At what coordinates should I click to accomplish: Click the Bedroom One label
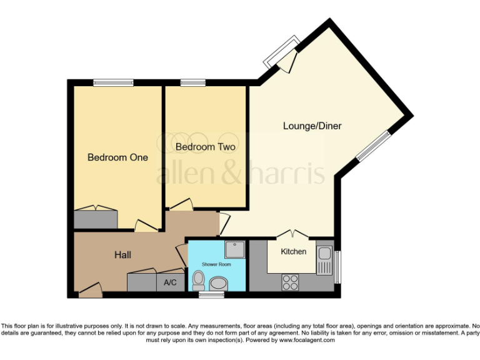[117, 157]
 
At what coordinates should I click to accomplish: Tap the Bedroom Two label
[205, 147]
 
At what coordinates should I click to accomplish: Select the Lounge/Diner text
[312, 126]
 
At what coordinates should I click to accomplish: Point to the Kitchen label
[293, 251]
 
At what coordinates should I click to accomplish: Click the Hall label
[122, 255]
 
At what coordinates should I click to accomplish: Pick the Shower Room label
[216, 264]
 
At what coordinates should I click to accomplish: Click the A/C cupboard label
[170, 282]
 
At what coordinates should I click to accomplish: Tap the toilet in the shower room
[199, 279]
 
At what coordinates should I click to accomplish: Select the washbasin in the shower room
[218, 284]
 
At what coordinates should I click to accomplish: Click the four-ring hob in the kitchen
[290, 282]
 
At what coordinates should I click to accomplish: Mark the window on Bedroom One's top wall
[113, 82]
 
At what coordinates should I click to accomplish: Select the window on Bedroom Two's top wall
[193, 82]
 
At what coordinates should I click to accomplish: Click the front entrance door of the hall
[90, 289]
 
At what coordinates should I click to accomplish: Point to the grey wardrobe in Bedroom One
[95, 219]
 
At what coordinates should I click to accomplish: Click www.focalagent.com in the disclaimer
[307, 341]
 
